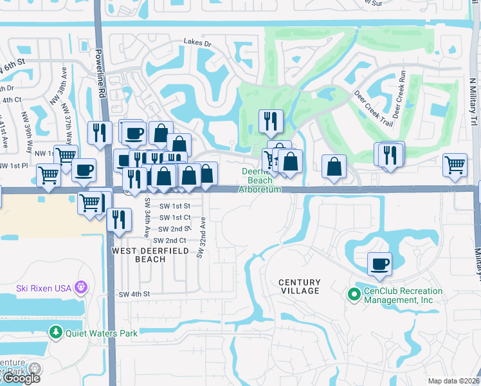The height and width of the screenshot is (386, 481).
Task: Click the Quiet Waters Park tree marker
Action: click(x=56, y=333)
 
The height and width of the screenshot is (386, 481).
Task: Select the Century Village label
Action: click(x=299, y=287)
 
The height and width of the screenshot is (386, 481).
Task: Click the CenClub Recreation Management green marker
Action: click(x=352, y=295)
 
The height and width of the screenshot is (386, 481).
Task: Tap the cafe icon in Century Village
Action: click(x=379, y=264)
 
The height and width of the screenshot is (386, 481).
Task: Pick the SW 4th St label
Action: click(x=134, y=294)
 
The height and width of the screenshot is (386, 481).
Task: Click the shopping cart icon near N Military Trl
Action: click(x=455, y=165)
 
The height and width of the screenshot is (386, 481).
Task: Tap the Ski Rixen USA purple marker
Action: click(x=82, y=286)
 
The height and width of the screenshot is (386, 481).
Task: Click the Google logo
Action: click(x=21, y=378)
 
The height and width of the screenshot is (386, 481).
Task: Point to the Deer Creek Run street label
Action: click(x=399, y=93)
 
